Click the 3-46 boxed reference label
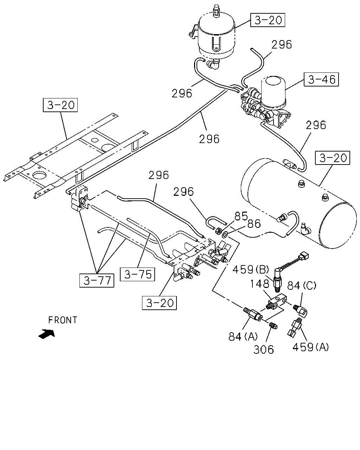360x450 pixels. (x=321, y=79)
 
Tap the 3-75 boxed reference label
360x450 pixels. (x=137, y=274)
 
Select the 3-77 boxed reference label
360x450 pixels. (x=97, y=281)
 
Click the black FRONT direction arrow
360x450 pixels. (x=47, y=334)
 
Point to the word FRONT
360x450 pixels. (x=63, y=320)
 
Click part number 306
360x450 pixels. (x=264, y=349)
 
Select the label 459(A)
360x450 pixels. (x=310, y=347)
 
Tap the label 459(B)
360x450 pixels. (x=251, y=270)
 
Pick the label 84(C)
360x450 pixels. (x=302, y=285)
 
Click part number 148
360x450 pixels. (x=260, y=284)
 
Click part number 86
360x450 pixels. (x=254, y=224)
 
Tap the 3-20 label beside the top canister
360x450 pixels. (x=268, y=20)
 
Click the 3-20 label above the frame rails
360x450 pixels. (x=60, y=105)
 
